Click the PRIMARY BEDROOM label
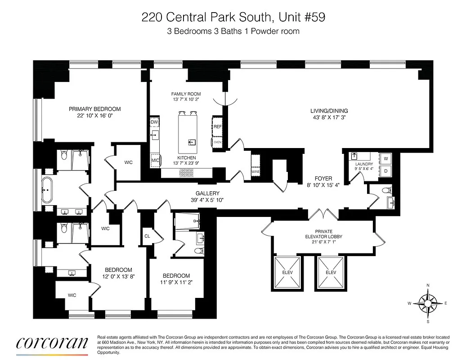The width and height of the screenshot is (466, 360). [94, 109]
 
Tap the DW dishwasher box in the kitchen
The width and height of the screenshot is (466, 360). [154, 122]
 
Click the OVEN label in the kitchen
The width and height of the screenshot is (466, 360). [218, 142]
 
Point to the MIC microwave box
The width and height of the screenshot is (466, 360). [155, 160]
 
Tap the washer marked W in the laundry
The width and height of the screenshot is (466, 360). [385, 158]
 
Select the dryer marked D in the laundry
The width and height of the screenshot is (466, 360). [385, 171]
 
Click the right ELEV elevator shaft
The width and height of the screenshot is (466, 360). [331, 273]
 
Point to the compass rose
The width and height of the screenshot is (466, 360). [428, 303]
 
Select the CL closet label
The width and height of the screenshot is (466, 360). [147, 235]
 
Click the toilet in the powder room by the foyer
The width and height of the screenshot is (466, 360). [385, 190]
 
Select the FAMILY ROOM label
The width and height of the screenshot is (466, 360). [186, 94]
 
